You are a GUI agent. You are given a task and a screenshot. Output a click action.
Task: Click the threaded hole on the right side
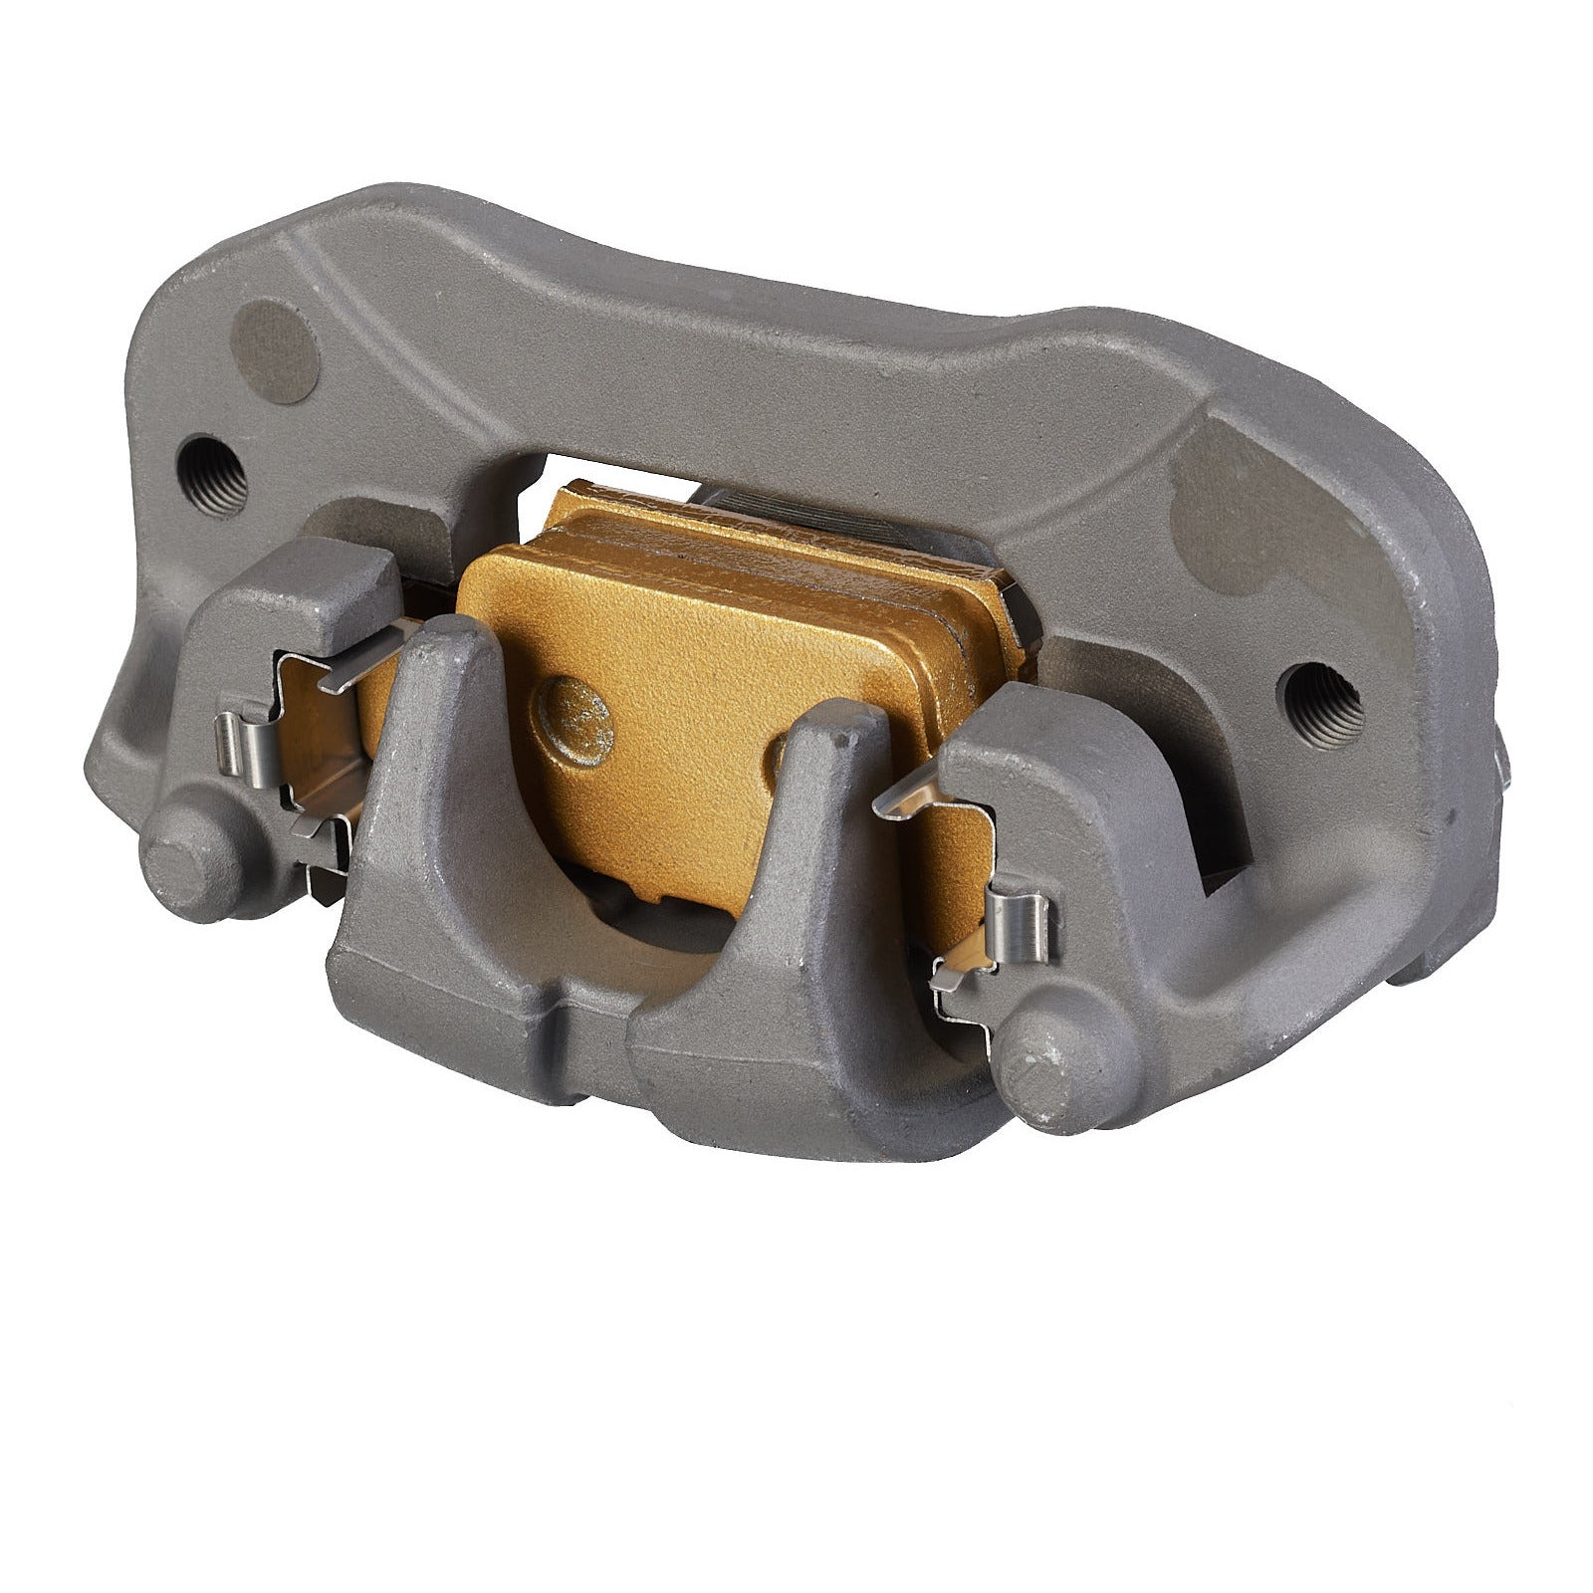click(x=1321, y=702)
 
